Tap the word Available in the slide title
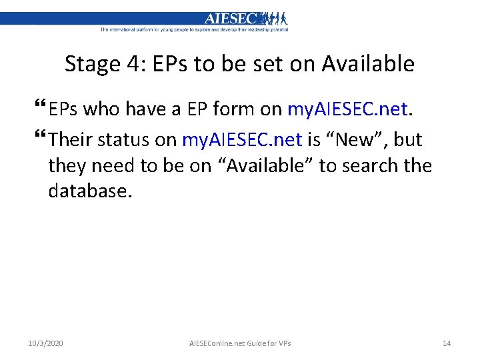367,64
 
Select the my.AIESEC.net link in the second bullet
242,139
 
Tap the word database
90,191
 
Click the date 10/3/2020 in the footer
46,343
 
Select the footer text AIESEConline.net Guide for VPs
240,343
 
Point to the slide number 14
447,343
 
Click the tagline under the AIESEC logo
194,29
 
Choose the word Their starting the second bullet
71,139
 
